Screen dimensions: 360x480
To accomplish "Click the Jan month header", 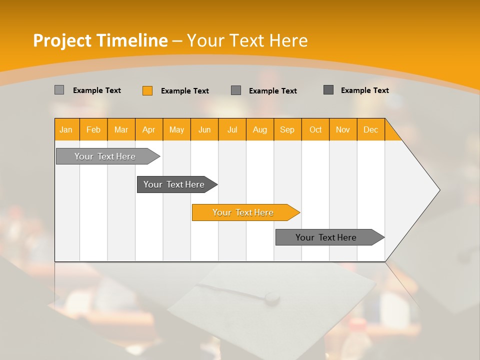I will (x=66, y=130).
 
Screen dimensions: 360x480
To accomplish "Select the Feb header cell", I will (x=93, y=130).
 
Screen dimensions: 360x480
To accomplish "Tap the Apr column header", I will (x=149, y=130).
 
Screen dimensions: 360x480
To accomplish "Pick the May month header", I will (x=176, y=130).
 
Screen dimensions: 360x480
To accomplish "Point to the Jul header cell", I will (x=232, y=130).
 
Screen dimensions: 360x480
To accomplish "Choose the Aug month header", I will (x=260, y=130).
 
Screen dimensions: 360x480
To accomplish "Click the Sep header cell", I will (x=287, y=130).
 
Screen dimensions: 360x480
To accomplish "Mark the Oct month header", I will (x=315, y=130).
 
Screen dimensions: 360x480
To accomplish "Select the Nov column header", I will (x=343, y=130).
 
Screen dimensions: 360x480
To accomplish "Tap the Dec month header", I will (x=370, y=130).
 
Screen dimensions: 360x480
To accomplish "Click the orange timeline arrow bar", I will (x=245, y=212).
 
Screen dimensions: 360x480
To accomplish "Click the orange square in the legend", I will (x=147, y=90).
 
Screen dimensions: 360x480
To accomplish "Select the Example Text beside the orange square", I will (x=185, y=91).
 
